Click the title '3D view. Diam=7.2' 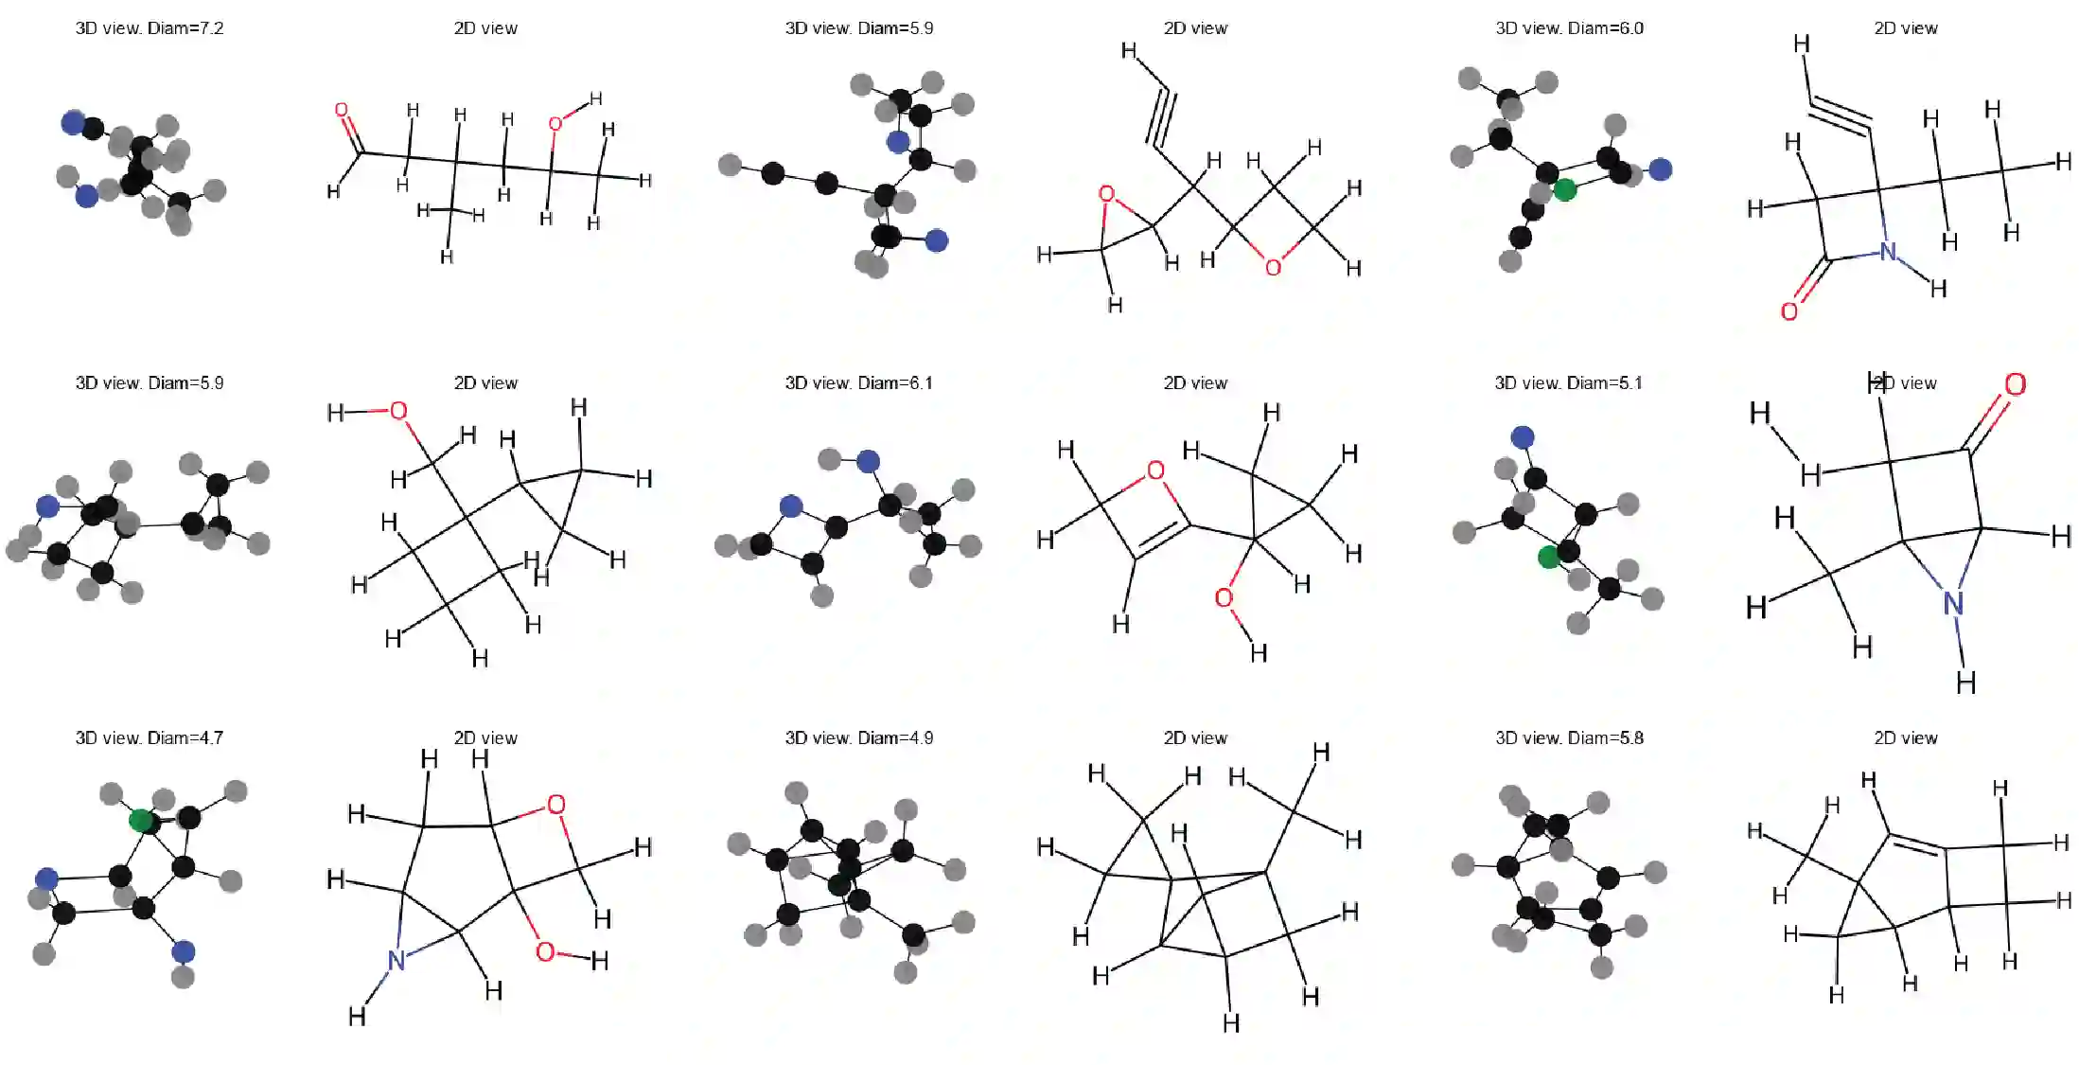(150, 28)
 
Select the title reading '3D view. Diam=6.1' (858, 383)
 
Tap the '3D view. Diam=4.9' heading (858, 738)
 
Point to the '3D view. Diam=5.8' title (1569, 738)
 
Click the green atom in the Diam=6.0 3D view (1565, 189)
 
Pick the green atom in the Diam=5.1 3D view (1549, 557)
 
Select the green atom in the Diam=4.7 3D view (141, 820)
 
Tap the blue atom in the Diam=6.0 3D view (1660, 169)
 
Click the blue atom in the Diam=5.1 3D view (1523, 437)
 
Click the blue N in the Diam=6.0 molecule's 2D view (1888, 252)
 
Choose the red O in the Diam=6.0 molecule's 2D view (1788, 311)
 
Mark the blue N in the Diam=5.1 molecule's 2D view (1953, 602)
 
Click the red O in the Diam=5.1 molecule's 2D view (2015, 384)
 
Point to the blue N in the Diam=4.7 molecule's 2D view (396, 960)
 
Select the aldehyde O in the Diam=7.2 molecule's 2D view (342, 111)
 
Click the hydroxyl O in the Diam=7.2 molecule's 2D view (555, 124)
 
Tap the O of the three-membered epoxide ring (1106, 194)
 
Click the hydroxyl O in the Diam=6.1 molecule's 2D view (1224, 598)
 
